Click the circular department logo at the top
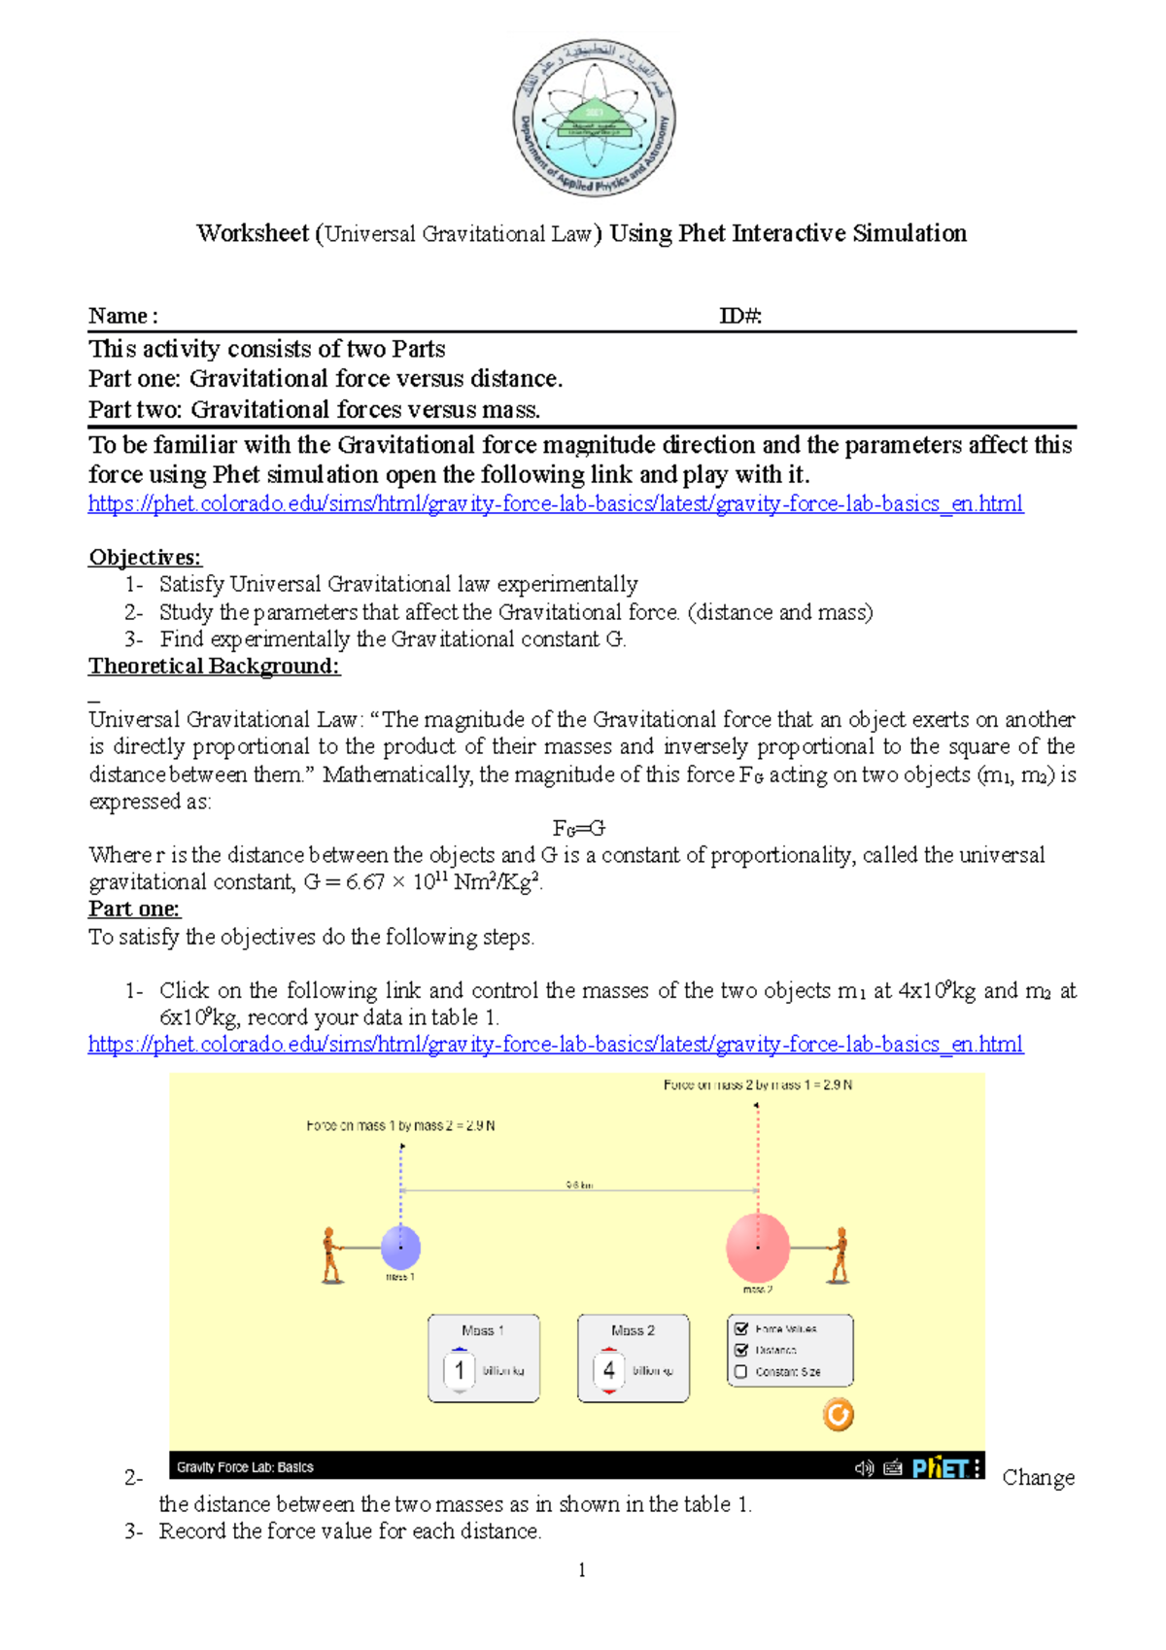(x=594, y=119)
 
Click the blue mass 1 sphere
(x=400, y=1247)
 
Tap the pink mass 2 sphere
(x=758, y=1248)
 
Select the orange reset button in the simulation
(x=838, y=1414)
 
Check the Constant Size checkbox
(x=741, y=1372)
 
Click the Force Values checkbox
(x=741, y=1328)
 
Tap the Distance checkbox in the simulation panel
(x=741, y=1350)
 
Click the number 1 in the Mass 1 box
(x=459, y=1370)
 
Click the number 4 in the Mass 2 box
(x=608, y=1370)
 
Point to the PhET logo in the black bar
(x=940, y=1467)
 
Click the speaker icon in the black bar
(x=863, y=1467)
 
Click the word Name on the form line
(x=118, y=316)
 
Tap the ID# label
(x=740, y=316)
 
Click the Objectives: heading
(x=145, y=557)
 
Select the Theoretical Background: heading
(x=214, y=666)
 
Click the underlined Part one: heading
(x=134, y=909)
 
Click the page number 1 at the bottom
(x=581, y=1570)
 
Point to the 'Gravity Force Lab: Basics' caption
(x=245, y=1467)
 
